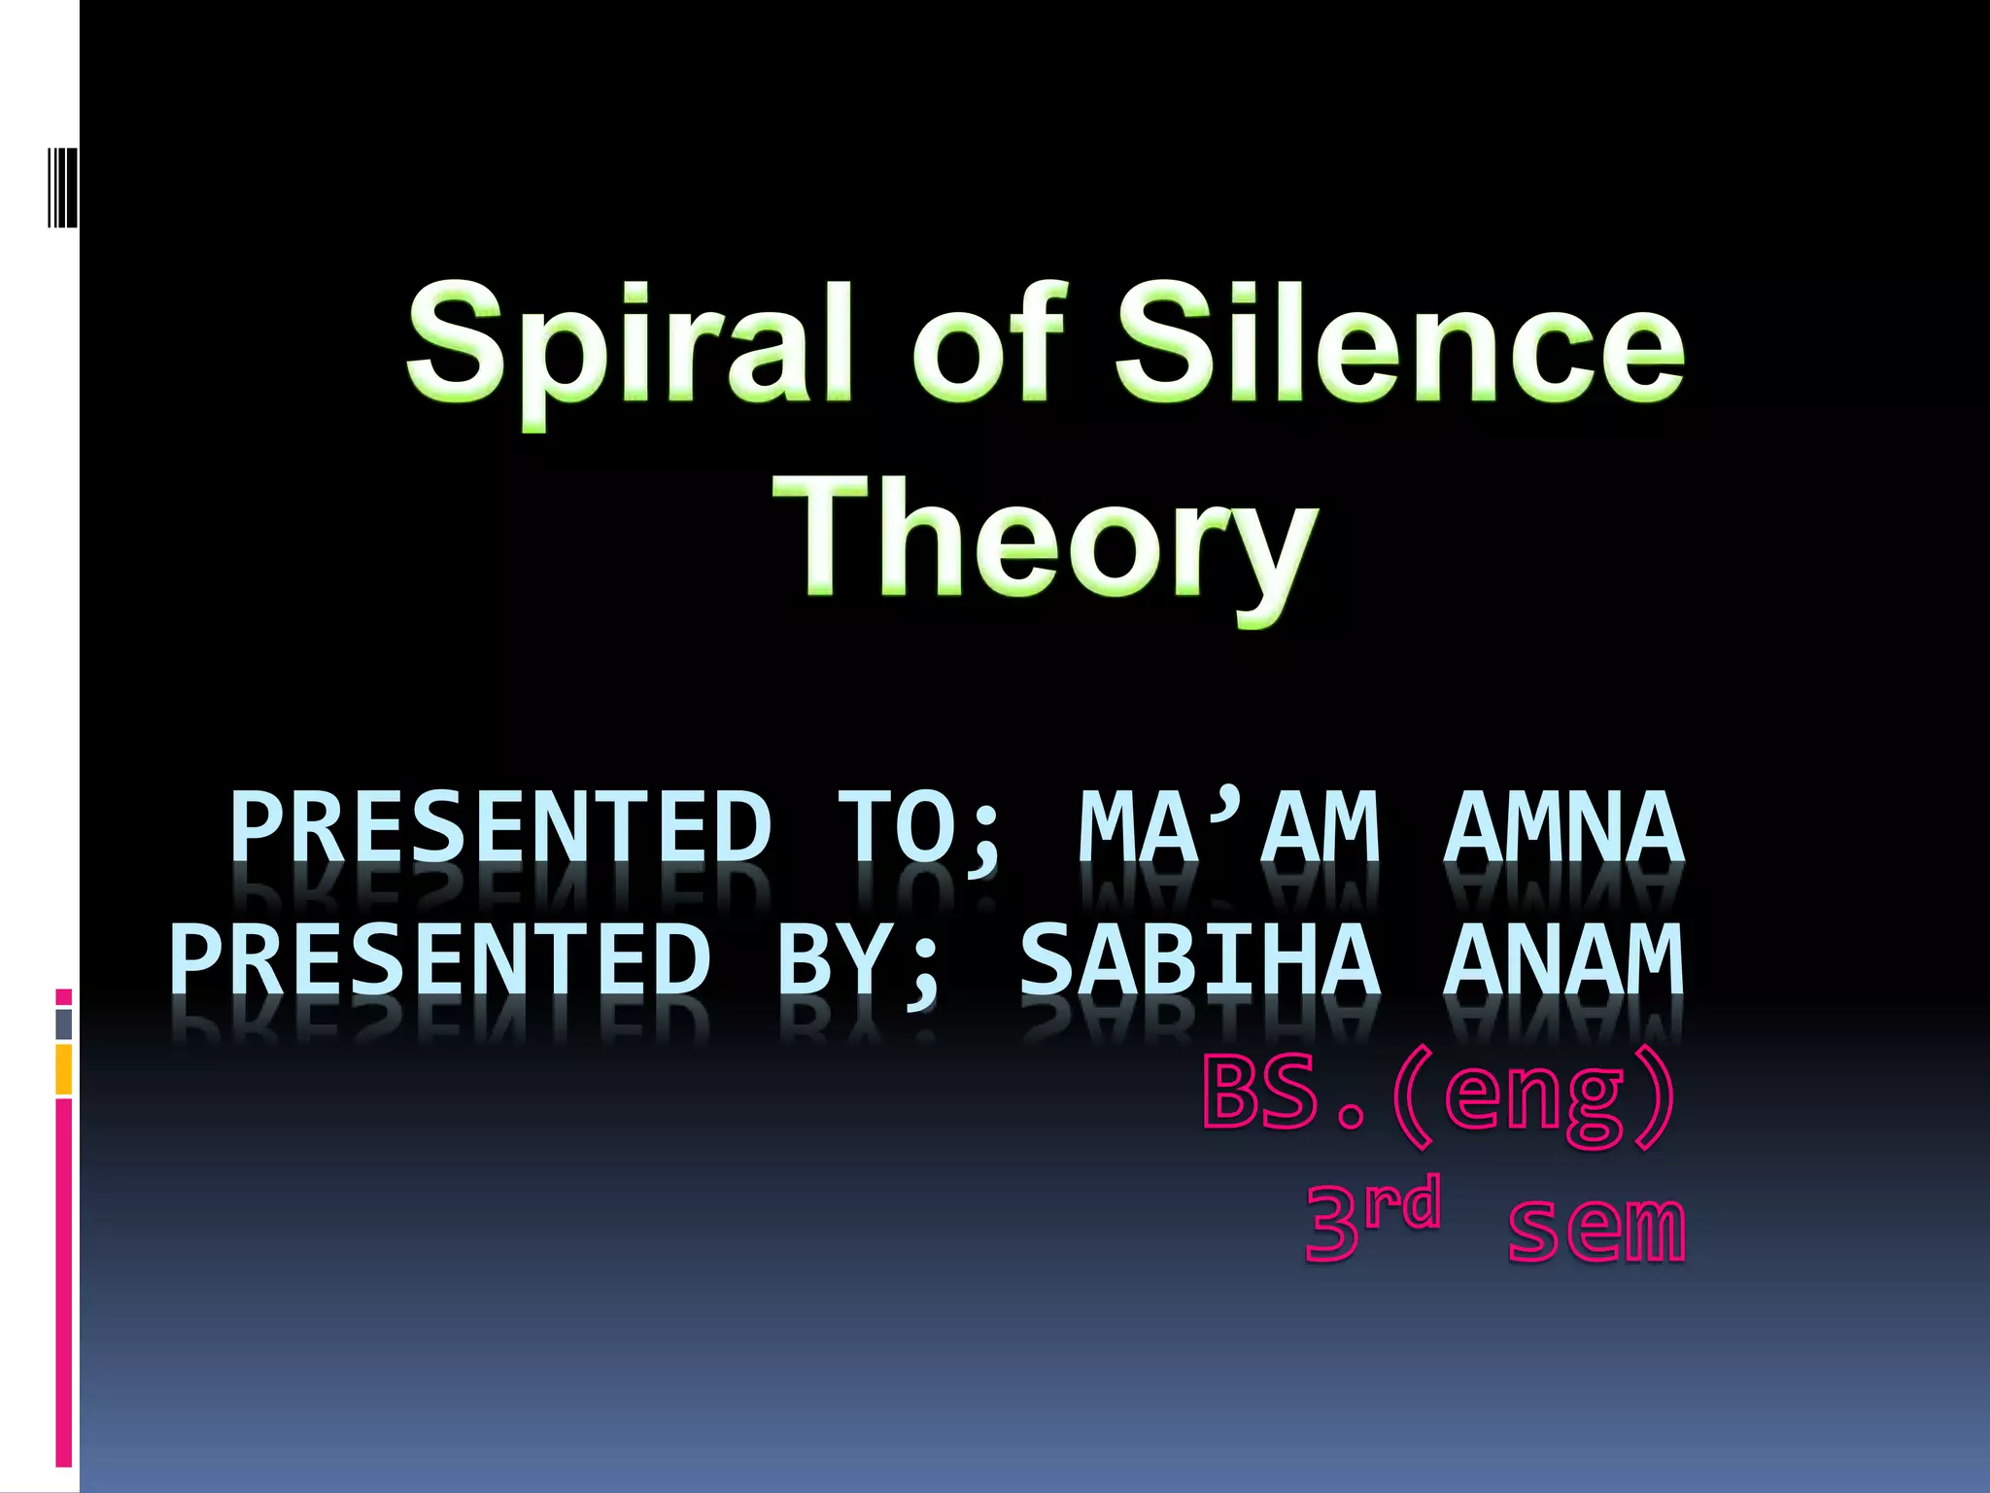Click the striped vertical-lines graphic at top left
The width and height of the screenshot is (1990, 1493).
point(62,187)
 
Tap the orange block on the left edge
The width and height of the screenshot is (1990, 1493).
point(63,1069)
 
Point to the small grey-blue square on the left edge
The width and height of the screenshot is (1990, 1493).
point(63,1024)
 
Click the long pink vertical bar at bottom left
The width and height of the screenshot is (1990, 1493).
point(63,1283)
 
